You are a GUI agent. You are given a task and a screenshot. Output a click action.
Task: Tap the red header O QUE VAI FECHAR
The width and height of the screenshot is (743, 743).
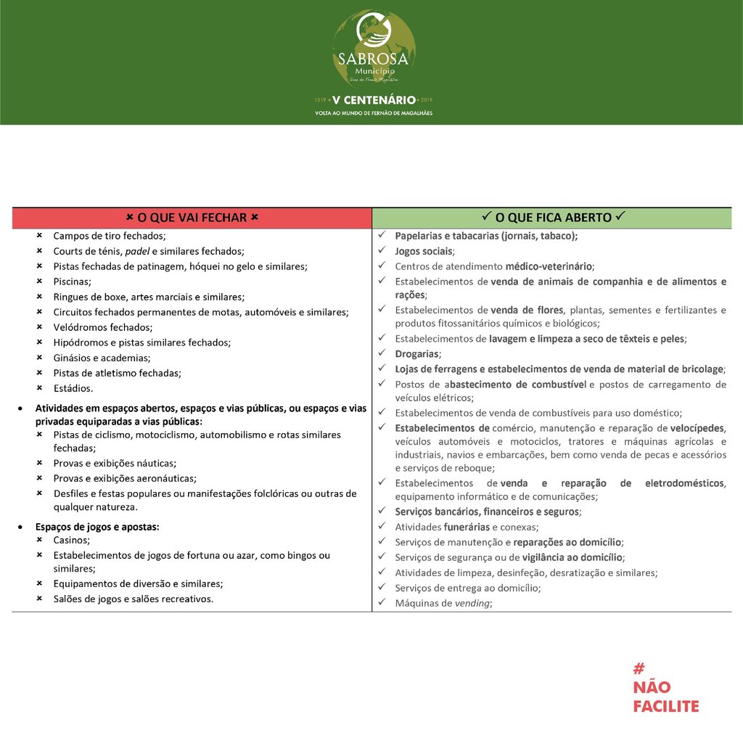pos(192,218)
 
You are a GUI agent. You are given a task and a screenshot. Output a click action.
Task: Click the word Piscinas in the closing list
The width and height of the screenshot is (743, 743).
pos(72,282)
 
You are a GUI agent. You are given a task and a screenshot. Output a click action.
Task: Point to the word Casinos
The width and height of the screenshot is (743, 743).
pos(72,541)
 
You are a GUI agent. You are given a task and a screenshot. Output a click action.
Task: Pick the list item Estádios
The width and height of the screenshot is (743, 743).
pos(73,388)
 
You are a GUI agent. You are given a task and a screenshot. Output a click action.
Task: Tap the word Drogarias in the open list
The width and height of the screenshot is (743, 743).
pos(417,354)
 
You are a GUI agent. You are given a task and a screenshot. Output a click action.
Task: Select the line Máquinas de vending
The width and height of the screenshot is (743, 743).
pos(443,603)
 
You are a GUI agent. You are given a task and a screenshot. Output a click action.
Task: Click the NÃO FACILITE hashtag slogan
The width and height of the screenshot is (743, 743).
pos(665,688)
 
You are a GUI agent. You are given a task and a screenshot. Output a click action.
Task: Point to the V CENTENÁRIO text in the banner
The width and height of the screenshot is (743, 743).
pos(374,99)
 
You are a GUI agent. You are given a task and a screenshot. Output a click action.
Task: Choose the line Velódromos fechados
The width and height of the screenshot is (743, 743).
pos(102,327)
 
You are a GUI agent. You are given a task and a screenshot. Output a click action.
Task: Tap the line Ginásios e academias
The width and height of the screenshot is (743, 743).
pos(102,358)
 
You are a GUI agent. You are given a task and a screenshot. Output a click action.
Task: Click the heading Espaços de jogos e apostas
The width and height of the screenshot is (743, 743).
pos(97,527)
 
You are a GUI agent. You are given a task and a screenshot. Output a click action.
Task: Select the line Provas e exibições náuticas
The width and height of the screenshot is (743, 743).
pos(115,463)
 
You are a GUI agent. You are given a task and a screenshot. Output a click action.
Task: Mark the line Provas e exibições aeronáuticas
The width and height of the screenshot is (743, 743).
pos(125,478)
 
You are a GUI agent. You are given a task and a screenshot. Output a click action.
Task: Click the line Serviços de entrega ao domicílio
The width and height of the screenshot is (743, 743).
pos(467,588)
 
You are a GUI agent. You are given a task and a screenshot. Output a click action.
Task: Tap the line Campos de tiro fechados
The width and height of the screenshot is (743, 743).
pos(110,236)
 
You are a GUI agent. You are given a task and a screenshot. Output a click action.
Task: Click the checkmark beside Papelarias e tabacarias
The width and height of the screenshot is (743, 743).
pos(382,236)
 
